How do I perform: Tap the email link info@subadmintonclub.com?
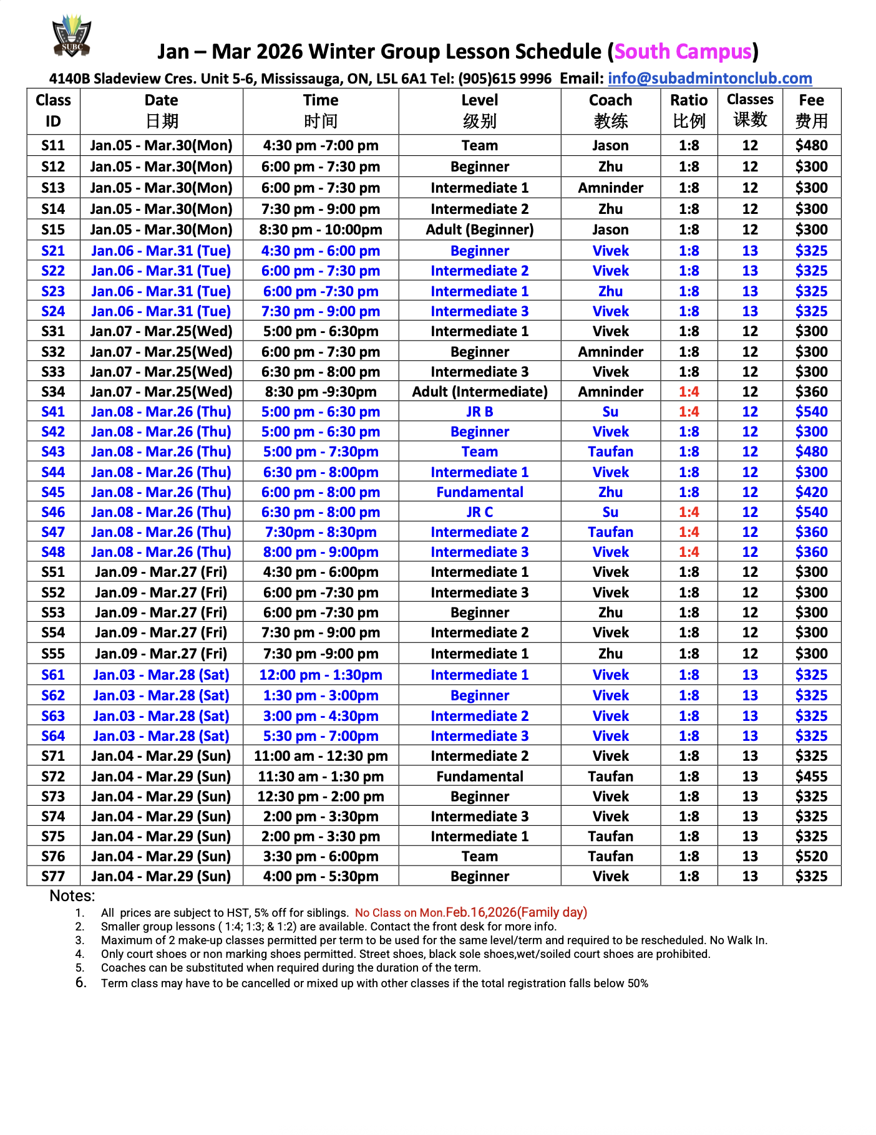709,79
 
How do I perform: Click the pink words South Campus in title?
683,52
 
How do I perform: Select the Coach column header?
610,110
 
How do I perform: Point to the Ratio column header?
689,110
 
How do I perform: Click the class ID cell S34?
53,392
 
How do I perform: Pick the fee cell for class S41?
811,412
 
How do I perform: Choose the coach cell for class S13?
610,188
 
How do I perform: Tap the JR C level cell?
479,512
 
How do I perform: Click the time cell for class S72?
321,776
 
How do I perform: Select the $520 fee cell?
811,856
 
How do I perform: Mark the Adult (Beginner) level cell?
479,229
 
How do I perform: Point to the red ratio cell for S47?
689,532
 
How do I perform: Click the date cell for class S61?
161,675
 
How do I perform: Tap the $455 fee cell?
811,776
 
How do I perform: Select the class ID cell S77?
53,876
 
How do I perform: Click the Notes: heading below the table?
72,896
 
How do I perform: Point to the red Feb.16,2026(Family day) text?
516,912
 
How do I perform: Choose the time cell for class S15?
321,229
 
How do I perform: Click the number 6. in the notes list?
80,983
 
